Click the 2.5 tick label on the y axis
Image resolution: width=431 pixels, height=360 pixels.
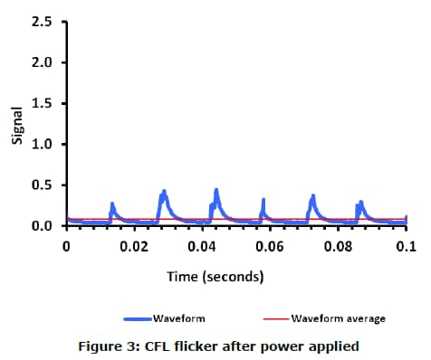pyautogui.click(x=43, y=22)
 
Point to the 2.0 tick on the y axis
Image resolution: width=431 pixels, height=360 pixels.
pyautogui.click(x=43, y=62)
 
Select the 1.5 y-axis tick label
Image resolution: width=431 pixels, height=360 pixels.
pyautogui.click(x=43, y=103)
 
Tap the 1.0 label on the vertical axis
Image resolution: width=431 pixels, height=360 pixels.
pyautogui.click(x=43, y=144)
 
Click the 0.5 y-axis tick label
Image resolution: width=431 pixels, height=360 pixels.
pyautogui.click(x=43, y=185)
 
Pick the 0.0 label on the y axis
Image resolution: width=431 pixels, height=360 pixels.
pyautogui.click(x=43, y=226)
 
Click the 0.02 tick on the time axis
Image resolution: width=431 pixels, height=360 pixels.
pyautogui.click(x=134, y=246)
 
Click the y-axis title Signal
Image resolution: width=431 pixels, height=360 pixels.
pyautogui.click(x=15, y=123)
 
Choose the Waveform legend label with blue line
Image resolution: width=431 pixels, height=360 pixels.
pyautogui.click(x=177, y=318)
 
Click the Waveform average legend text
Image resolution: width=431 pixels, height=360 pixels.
pyautogui.click(x=339, y=318)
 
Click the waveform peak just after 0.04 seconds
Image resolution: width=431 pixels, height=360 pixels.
pyautogui.click(x=217, y=190)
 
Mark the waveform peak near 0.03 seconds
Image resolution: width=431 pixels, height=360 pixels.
pyautogui.click(x=164, y=192)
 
